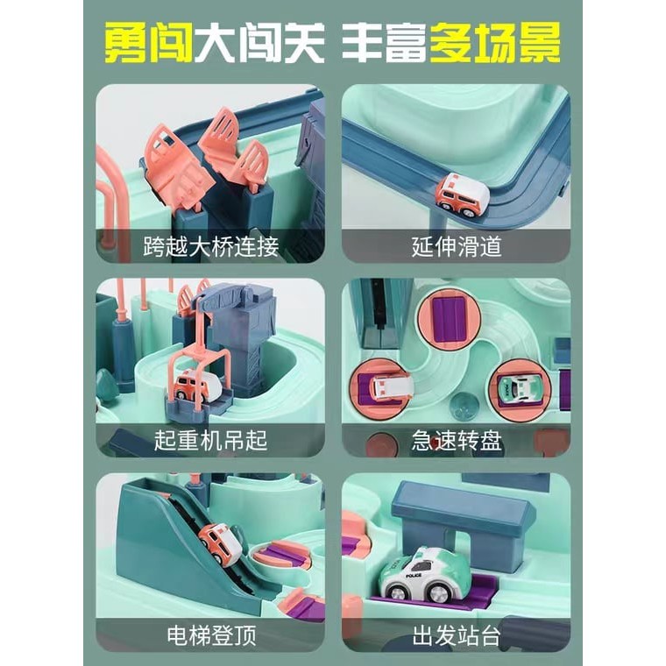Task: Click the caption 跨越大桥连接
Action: pyautogui.click(x=210, y=246)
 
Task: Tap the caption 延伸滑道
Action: pyautogui.click(x=457, y=246)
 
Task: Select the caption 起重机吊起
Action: pyautogui.click(x=210, y=441)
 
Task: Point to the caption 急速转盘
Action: pyautogui.click(x=457, y=441)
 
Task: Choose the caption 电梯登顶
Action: pyautogui.click(x=211, y=635)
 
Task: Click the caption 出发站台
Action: pyautogui.click(x=457, y=635)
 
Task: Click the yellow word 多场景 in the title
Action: pyautogui.click(x=495, y=43)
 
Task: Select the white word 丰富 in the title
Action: pyautogui.click(x=385, y=43)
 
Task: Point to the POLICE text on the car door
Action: pyautogui.click(x=414, y=576)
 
